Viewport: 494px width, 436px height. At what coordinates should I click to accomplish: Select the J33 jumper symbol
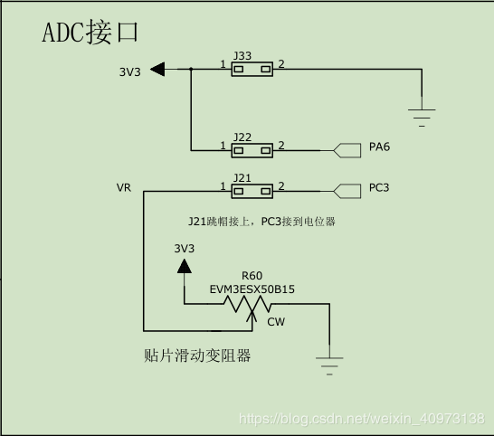(x=252, y=69)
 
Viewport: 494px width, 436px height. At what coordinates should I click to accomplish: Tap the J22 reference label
(x=242, y=137)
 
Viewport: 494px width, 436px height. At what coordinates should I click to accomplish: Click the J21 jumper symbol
(x=252, y=191)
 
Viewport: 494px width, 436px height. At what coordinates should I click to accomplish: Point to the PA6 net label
(x=379, y=147)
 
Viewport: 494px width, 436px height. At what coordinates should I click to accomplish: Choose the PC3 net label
(x=379, y=189)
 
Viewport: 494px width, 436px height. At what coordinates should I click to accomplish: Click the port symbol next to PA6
(x=347, y=148)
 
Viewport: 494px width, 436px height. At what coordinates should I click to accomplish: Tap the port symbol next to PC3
(x=347, y=190)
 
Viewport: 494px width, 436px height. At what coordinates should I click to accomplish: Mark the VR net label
(x=124, y=188)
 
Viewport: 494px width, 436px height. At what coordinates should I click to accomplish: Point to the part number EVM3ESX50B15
(x=252, y=289)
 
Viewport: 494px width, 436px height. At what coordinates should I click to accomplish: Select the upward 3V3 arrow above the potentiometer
(x=185, y=265)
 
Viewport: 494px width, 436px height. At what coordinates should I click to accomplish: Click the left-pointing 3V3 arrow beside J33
(x=157, y=70)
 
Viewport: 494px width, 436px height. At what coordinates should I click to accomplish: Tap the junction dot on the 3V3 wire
(x=191, y=69)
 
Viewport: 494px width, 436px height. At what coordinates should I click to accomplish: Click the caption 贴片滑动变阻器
(x=197, y=355)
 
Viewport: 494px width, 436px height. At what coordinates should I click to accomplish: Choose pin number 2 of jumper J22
(x=280, y=146)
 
